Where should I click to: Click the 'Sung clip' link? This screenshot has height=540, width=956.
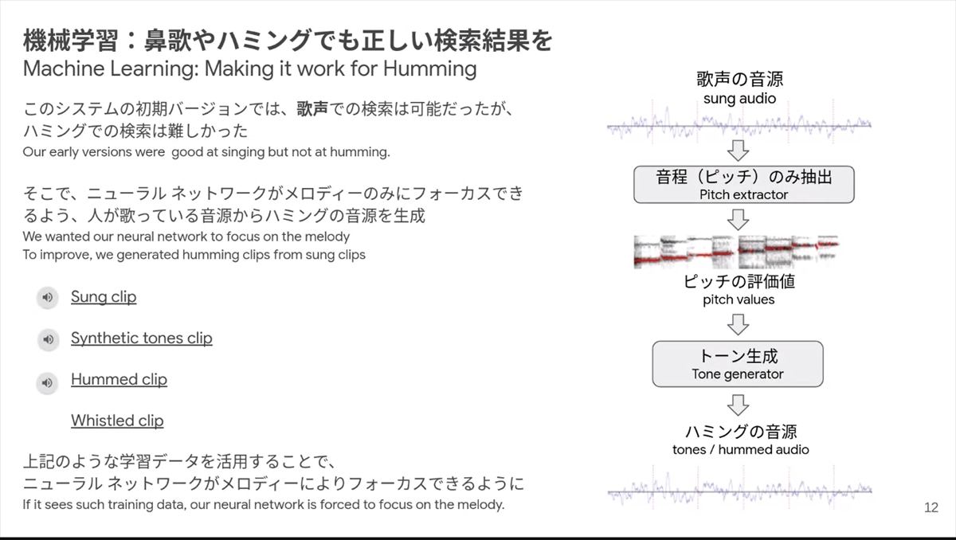click(x=104, y=297)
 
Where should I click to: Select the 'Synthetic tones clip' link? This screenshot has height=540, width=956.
click(x=142, y=338)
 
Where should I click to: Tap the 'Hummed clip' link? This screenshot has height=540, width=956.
click(x=119, y=380)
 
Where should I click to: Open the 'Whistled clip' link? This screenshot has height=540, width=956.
click(x=117, y=421)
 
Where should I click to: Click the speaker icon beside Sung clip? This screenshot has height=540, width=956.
click(x=47, y=297)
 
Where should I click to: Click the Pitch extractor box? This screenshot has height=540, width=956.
click(x=744, y=185)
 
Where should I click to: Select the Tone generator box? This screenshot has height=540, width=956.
click(x=738, y=364)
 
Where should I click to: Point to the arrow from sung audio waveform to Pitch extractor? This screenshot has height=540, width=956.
click(x=738, y=151)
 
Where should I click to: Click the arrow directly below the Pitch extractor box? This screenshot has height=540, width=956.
click(x=738, y=219)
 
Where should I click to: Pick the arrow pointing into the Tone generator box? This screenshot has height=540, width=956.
click(x=738, y=325)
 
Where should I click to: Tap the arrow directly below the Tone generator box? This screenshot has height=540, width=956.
click(x=738, y=405)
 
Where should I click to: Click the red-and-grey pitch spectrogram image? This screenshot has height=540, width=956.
click(x=737, y=252)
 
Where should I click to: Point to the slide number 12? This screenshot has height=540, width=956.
click(x=931, y=507)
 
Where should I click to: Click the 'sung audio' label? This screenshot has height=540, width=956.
click(x=739, y=99)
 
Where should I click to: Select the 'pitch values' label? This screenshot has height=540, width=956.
click(x=739, y=299)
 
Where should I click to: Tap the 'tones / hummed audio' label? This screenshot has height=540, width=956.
click(x=740, y=449)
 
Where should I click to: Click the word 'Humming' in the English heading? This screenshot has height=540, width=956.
click(x=429, y=69)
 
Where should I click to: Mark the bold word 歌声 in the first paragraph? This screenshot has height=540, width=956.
click(x=312, y=109)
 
